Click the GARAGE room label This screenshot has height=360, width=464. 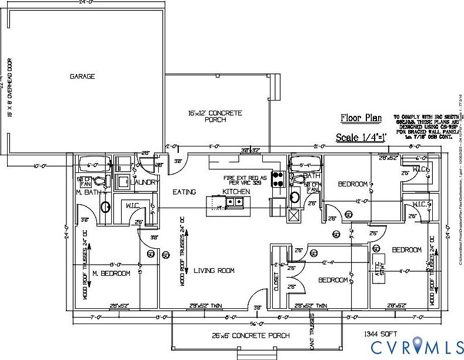[82, 76]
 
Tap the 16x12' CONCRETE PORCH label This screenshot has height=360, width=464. [215, 116]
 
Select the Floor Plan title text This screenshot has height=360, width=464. [361, 118]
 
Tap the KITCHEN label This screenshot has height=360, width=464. [236, 192]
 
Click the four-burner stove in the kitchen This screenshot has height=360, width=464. [278, 178]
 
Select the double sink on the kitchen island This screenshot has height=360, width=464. [236, 202]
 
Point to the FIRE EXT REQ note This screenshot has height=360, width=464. [245, 181]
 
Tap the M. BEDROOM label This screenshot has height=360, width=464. [112, 274]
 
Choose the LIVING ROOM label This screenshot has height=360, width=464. [214, 271]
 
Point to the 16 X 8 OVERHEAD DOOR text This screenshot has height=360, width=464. [10, 87]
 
